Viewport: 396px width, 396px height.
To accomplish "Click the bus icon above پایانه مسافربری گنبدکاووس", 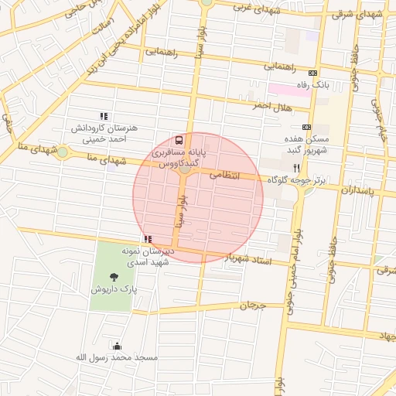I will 179,140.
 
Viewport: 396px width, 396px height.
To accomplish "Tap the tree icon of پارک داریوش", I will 114,275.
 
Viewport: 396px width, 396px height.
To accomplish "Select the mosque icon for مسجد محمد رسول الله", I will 117,345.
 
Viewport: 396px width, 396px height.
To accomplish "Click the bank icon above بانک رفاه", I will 312,72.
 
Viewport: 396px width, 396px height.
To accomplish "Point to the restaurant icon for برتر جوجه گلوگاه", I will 295,167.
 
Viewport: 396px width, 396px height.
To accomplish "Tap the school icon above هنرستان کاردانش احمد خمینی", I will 104,116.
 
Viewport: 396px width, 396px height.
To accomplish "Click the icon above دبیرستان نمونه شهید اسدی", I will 147,240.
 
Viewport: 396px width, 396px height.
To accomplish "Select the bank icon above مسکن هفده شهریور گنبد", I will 307,127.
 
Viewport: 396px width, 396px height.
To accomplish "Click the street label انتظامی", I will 226,176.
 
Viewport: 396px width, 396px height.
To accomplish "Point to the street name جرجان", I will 252,306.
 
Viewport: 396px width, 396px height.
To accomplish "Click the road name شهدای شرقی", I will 362,14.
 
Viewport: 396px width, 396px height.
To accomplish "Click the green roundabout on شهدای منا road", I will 62,152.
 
